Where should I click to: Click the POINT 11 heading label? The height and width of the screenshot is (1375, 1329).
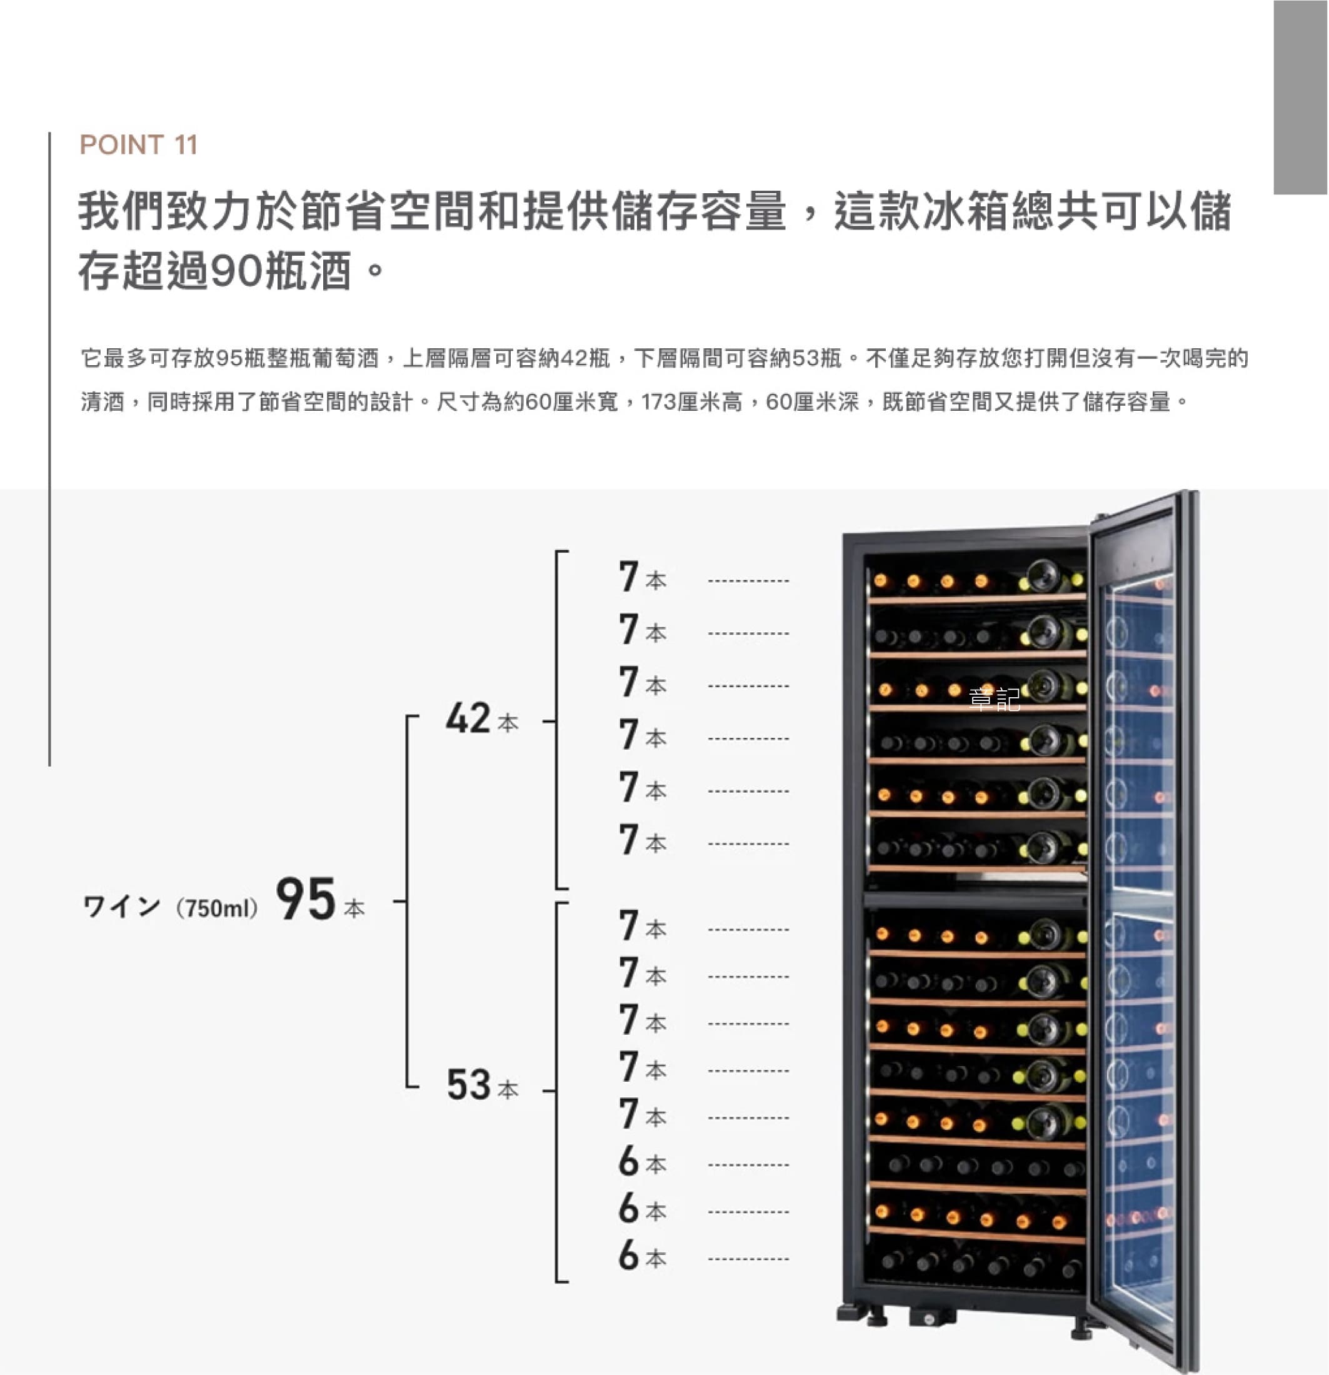point(139,145)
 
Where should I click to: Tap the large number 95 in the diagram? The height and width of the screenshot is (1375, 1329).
point(306,899)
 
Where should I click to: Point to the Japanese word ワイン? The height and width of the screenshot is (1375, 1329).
point(121,907)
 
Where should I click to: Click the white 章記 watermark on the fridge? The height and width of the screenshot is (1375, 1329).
point(994,700)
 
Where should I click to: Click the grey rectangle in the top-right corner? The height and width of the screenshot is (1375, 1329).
point(1300,97)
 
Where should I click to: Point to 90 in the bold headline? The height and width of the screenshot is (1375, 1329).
point(237,271)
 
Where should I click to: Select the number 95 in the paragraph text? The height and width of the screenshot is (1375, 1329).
point(229,359)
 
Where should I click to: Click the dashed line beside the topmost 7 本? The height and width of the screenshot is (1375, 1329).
point(748,581)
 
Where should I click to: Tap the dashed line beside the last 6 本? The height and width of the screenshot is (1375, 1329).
point(748,1259)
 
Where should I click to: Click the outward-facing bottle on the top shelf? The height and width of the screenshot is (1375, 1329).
point(1042,577)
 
